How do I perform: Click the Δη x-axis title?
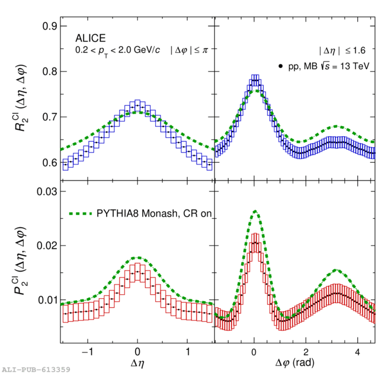pyautogui.click(x=137, y=360)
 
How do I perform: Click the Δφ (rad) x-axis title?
pyautogui.click(x=294, y=361)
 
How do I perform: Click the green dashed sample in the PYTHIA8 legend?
pyautogui.click(x=81, y=214)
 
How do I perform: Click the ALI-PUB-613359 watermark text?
pyautogui.click(x=36, y=369)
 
